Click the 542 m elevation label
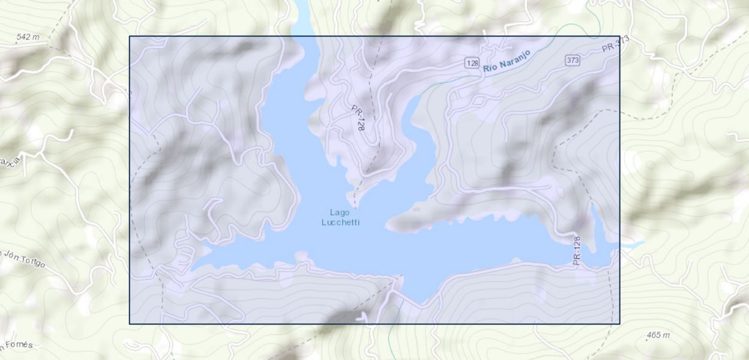[x=28, y=37]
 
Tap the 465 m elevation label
[x=658, y=335]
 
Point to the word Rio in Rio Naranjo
[x=490, y=68]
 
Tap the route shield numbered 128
[x=472, y=63]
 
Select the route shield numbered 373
[x=572, y=60]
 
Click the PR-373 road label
[x=615, y=44]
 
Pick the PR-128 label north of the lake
[x=358, y=117]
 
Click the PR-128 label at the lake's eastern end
[x=577, y=250]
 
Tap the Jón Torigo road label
[x=24, y=258]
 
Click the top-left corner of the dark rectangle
[x=130, y=36]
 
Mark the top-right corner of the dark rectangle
[x=619, y=36]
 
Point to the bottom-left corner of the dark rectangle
[x=130, y=324]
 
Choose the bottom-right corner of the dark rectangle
[x=619, y=324]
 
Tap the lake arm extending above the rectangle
[x=301, y=18]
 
